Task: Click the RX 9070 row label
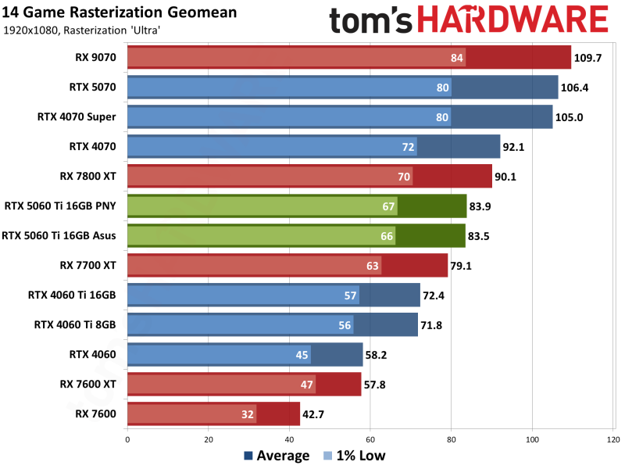(92, 58)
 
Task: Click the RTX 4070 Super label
(77, 117)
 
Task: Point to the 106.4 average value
(574, 88)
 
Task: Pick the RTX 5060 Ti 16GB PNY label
(60, 206)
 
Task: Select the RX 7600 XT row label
(87, 384)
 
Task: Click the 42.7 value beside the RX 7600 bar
(316, 414)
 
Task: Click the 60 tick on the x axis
(370, 440)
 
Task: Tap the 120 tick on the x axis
(613, 440)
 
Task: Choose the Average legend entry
(277, 456)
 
